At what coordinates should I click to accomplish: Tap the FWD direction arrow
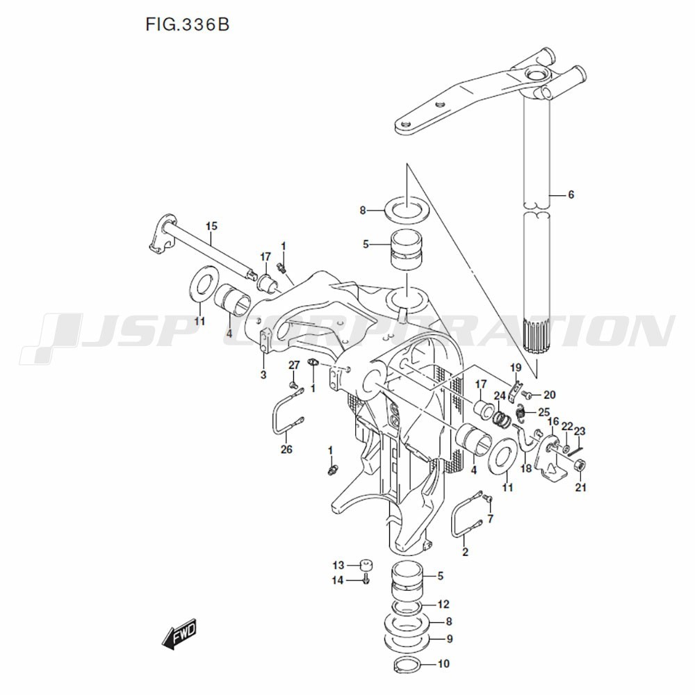pyautogui.click(x=179, y=632)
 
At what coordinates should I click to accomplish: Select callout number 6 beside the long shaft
pyautogui.click(x=571, y=195)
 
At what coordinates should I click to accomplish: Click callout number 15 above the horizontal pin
pyautogui.click(x=211, y=226)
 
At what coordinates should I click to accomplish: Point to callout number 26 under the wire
pyautogui.click(x=286, y=450)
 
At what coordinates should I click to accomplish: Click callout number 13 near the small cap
pyautogui.click(x=338, y=564)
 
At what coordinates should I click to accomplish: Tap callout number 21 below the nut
pyautogui.click(x=580, y=488)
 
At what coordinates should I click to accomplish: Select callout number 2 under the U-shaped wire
pyautogui.click(x=465, y=553)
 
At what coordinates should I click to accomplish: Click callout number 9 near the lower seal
pyautogui.click(x=450, y=639)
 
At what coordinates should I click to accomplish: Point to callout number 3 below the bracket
pyautogui.click(x=263, y=375)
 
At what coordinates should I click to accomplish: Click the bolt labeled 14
pyautogui.click(x=366, y=578)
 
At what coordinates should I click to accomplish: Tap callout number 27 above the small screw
pyautogui.click(x=293, y=365)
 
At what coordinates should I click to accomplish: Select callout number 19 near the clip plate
pyautogui.click(x=516, y=368)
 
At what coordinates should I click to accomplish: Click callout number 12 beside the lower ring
pyautogui.click(x=444, y=605)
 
